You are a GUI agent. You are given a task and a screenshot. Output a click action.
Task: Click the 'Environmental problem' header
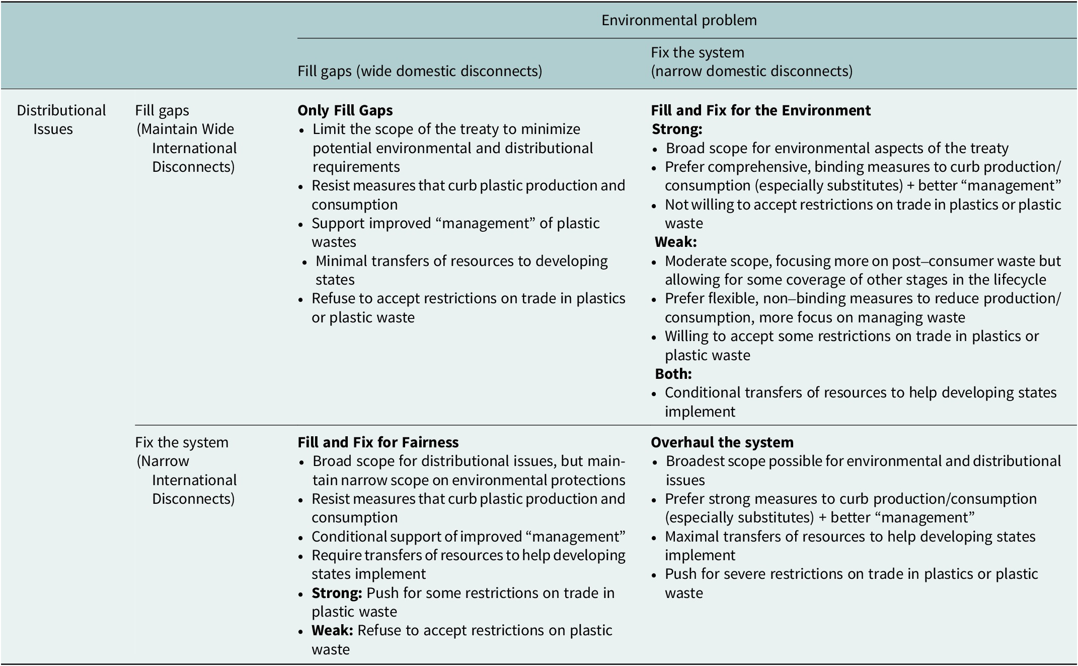(x=679, y=20)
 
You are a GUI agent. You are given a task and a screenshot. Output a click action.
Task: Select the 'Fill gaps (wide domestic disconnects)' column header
(x=420, y=71)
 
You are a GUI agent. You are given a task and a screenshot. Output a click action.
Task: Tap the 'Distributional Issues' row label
(x=61, y=119)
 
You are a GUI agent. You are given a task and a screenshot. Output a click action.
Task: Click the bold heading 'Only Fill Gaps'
(x=345, y=110)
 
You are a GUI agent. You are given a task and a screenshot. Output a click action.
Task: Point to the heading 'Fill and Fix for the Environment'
(x=760, y=110)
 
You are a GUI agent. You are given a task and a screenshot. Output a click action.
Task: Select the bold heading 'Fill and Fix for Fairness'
(x=378, y=442)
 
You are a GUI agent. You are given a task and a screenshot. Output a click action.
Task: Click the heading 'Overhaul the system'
(x=722, y=442)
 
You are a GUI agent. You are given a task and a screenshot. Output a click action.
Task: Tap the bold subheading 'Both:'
(x=673, y=374)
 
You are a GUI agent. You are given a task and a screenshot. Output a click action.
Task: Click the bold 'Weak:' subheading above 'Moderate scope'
(x=675, y=242)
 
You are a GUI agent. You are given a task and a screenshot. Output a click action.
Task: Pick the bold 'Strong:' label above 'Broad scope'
(x=677, y=129)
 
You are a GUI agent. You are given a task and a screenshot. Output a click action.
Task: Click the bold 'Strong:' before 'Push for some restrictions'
(x=337, y=593)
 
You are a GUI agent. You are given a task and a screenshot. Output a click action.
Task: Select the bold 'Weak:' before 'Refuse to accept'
(x=332, y=630)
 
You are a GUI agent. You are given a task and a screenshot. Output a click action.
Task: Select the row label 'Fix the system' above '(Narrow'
(x=182, y=442)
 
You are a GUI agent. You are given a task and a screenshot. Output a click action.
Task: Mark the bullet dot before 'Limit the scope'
(x=302, y=130)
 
